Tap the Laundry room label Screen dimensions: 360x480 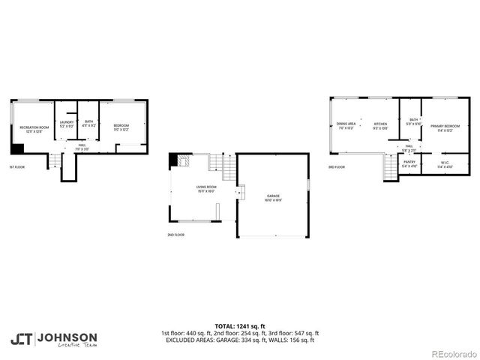[67, 124]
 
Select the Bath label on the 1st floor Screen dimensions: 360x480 [89, 124]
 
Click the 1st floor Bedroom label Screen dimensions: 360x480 [121, 127]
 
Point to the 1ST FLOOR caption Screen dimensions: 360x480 [19, 166]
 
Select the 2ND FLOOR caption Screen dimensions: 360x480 [176, 235]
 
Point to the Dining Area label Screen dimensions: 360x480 [346, 124]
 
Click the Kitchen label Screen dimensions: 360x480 [380, 124]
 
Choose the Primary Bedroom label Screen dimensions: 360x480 [445, 127]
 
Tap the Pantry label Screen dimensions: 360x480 [409, 163]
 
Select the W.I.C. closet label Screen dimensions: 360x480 [445, 163]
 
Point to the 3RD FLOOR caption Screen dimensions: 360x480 [337, 167]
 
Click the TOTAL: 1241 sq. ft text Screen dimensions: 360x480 [239, 326]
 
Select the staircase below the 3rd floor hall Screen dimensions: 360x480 [388, 166]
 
